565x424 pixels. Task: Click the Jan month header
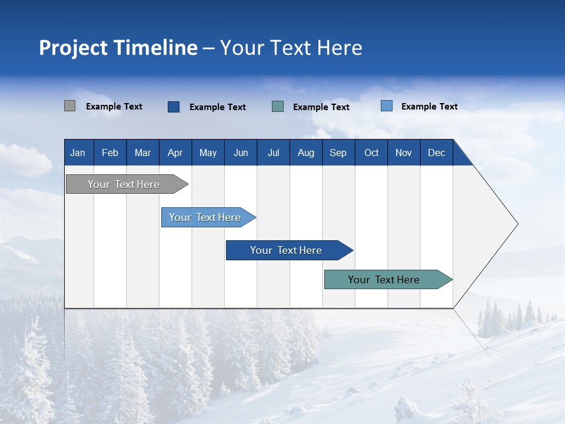tap(78, 153)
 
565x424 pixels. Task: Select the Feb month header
tap(110, 153)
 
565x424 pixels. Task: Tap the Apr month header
tap(175, 153)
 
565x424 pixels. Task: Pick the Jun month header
tap(241, 153)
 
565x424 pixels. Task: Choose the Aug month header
tap(305, 153)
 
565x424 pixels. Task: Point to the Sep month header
tap(338, 153)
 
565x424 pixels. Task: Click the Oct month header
tap(371, 153)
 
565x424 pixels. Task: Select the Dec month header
tap(436, 153)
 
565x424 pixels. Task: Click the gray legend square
tap(69, 106)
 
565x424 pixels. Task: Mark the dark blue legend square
tap(174, 107)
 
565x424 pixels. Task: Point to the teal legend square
tap(278, 107)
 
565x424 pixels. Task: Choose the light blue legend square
tap(387, 106)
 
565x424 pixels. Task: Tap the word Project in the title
tap(72, 48)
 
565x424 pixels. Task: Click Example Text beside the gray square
tap(114, 107)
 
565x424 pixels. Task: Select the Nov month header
tap(403, 153)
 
